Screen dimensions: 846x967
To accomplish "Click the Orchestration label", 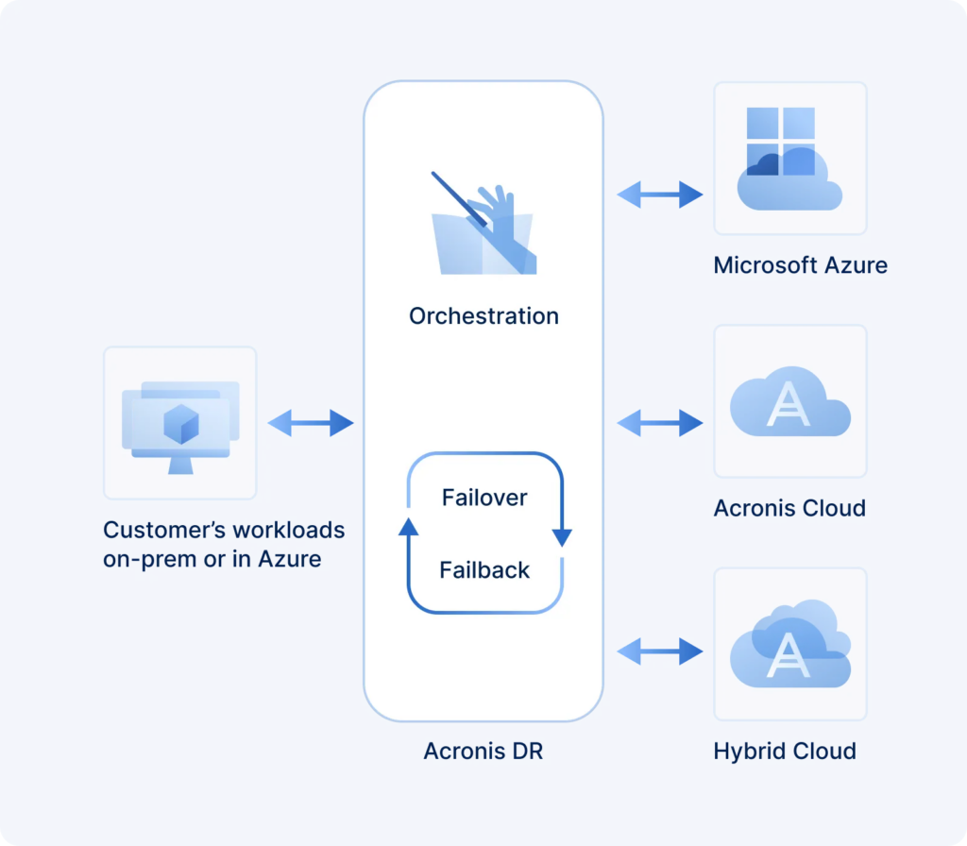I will click(483, 315).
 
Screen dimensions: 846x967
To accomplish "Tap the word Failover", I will click(484, 498).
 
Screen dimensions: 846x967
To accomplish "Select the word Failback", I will click(484, 570).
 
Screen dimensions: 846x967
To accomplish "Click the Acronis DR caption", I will click(483, 752).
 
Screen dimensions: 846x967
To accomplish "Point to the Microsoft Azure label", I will click(800, 265).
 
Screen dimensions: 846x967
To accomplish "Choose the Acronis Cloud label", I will click(789, 509).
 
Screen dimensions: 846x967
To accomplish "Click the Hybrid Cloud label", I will click(785, 752).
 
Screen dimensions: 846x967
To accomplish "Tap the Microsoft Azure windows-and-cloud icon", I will click(789, 158).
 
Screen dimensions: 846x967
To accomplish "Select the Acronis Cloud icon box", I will click(789, 401).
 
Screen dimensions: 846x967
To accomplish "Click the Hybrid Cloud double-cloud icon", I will click(789, 644).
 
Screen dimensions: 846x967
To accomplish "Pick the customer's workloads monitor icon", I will click(179, 423).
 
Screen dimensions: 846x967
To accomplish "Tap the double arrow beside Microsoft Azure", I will click(659, 195).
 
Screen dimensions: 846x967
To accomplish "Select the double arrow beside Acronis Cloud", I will click(659, 422).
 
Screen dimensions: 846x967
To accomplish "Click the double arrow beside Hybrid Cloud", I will click(659, 651).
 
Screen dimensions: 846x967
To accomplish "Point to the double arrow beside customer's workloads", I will click(310, 424).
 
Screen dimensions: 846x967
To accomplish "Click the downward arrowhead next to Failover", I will click(562, 537).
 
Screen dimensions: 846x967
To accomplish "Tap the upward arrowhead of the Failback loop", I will click(408, 526).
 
